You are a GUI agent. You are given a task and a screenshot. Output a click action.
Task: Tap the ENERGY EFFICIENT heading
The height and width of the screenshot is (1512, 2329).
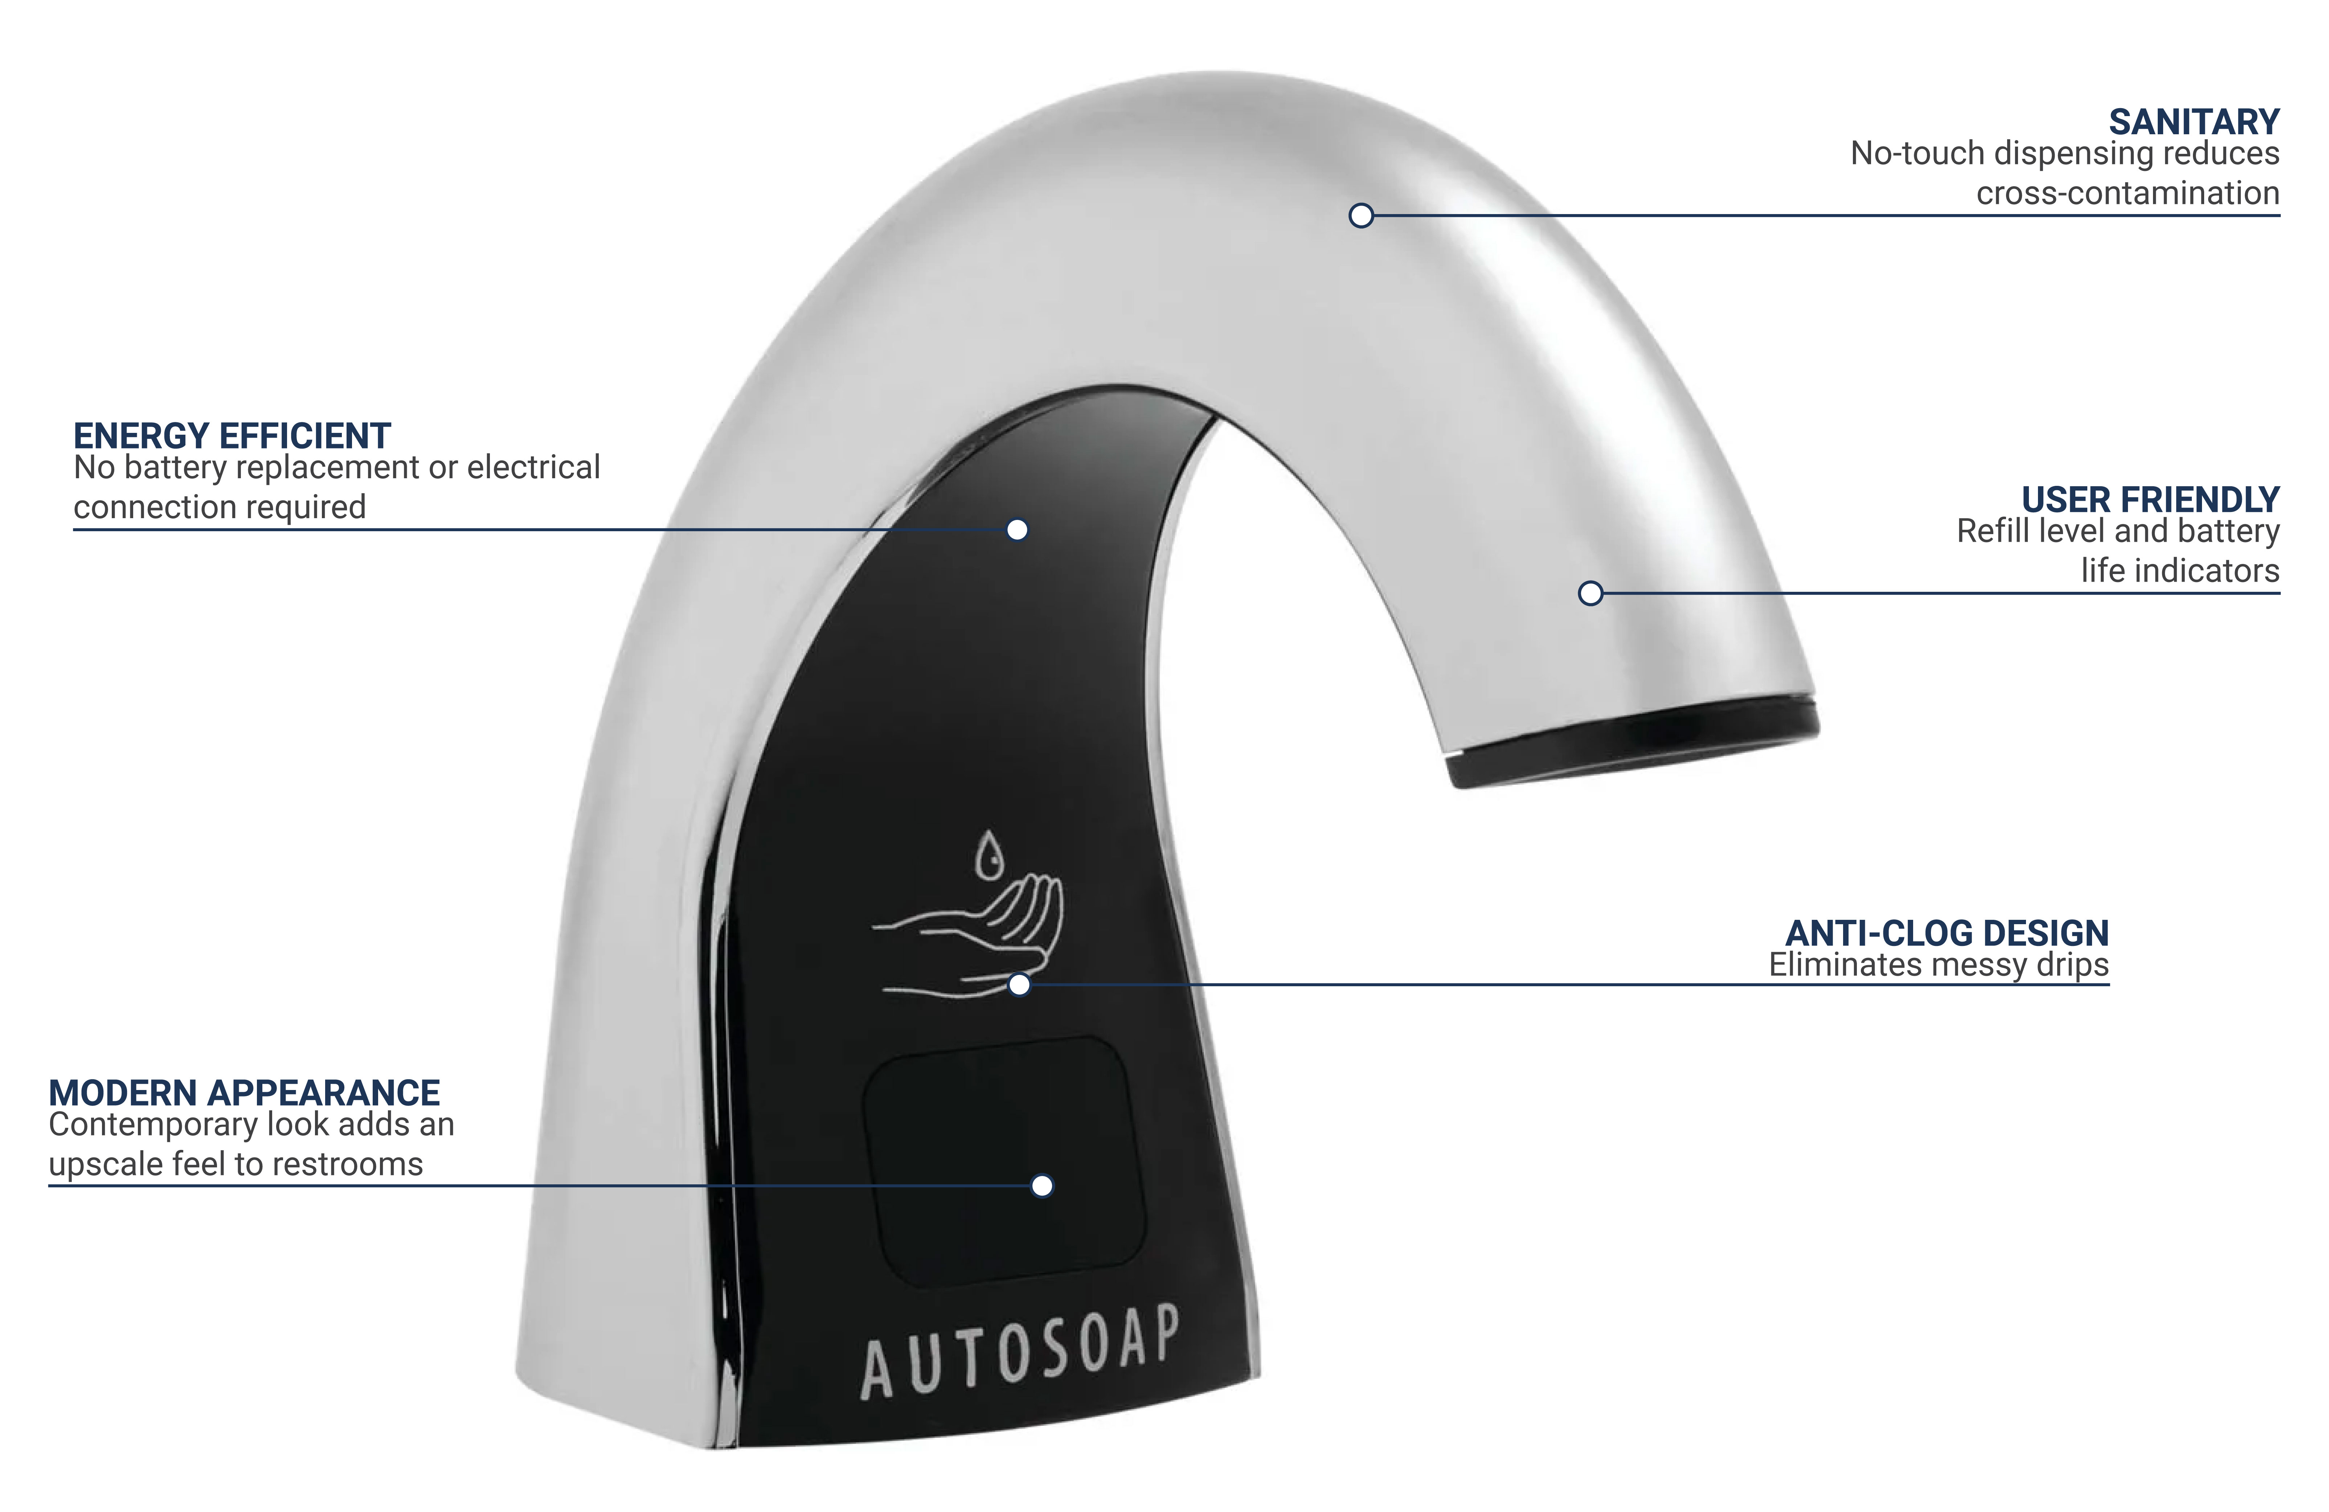pos(232,435)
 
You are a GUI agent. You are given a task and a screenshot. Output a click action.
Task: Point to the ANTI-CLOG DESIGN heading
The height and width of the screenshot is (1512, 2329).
pos(1947,933)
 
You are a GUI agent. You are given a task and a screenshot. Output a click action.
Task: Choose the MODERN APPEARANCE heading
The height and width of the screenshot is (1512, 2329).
pos(245,1092)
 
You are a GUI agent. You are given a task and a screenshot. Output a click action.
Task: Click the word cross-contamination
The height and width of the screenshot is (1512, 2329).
pos(2128,193)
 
